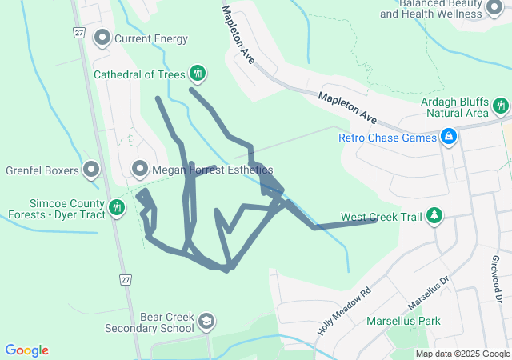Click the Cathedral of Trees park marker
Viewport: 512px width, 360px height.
[x=198, y=74]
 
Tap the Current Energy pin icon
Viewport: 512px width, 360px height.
[x=102, y=38]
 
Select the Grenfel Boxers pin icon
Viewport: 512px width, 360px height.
[x=91, y=170]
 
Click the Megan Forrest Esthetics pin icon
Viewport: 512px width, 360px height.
[x=140, y=170]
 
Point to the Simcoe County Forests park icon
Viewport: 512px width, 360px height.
[x=118, y=208]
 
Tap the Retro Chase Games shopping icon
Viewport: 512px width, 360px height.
[x=449, y=138]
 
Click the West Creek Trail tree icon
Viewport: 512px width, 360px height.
[x=434, y=216]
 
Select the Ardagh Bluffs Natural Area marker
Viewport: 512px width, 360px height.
[x=502, y=106]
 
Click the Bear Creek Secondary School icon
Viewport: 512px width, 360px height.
[x=206, y=322]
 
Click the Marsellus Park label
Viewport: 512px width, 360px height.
[x=403, y=322]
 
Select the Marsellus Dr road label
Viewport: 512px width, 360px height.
[x=430, y=294]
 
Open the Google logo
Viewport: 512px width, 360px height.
[x=26, y=350]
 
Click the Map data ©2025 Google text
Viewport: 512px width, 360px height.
[x=462, y=354]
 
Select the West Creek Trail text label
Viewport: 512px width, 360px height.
[x=381, y=217]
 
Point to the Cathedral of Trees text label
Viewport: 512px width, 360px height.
[x=139, y=74]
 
